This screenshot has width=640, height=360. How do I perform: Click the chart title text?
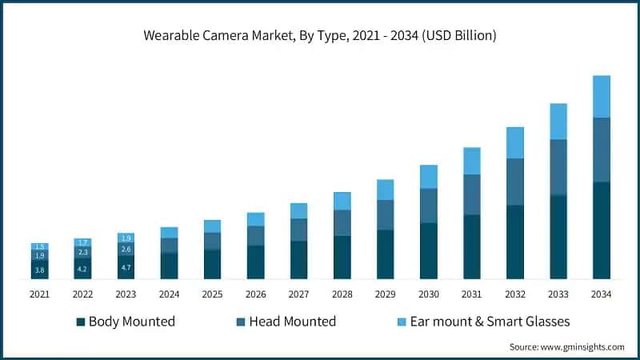pyautogui.click(x=319, y=35)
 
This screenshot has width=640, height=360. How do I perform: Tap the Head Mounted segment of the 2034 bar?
pyautogui.click(x=602, y=150)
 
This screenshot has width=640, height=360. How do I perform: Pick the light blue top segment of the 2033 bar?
pyautogui.click(x=558, y=121)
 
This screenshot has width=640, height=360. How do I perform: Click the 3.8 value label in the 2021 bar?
pyautogui.click(x=40, y=270)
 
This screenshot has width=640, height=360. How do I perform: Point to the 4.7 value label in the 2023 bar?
pyautogui.click(x=126, y=268)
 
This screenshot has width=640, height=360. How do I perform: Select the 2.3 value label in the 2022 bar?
pyautogui.click(x=83, y=252)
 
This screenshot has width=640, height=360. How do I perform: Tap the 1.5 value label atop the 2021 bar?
pyautogui.click(x=40, y=246)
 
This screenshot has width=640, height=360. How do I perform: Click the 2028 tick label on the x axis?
pyautogui.click(x=342, y=294)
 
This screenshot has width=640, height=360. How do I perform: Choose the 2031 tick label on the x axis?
pyautogui.click(x=472, y=294)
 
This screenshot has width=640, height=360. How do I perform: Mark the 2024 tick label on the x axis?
pyautogui.click(x=170, y=294)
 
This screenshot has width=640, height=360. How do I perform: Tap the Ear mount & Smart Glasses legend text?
pyautogui.click(x=490, y=322)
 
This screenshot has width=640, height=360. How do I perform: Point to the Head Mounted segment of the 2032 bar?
pyautogui.click(x=515, y=182)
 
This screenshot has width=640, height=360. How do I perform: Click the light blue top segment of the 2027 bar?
pyautogui.click(x=299, y=210)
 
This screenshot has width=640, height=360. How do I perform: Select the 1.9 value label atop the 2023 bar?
pyautogui.click(x=126, y=238)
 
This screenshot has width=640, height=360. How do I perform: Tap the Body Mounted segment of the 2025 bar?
pyautogui.click(x=213, y=264)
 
